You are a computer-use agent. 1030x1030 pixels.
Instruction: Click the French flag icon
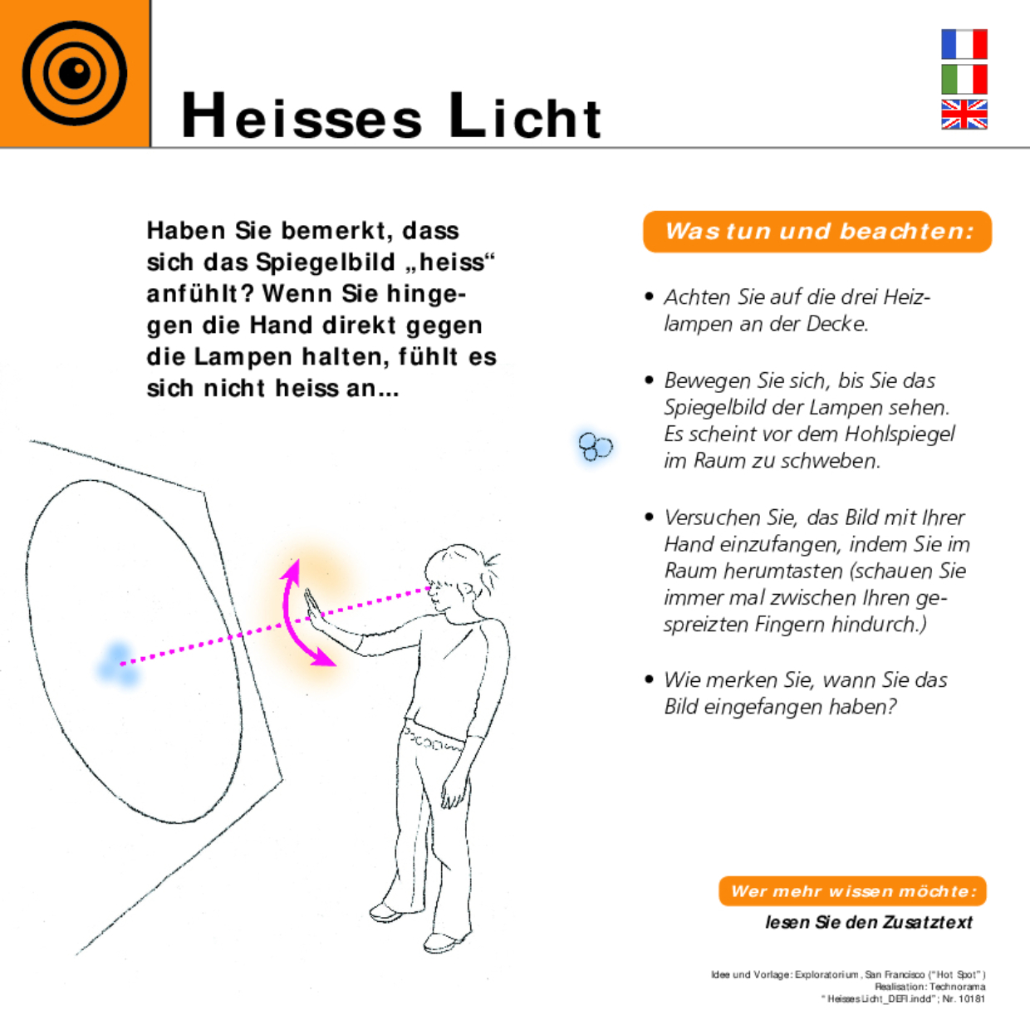[x=964, y=44]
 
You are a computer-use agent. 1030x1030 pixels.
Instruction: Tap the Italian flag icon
[x=964, y=79]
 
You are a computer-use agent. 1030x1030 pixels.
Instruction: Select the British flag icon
[x=964, y=115]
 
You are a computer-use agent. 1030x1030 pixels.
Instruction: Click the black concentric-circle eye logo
[x=75, y=74]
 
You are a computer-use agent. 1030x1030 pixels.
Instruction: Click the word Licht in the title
[x=525, y=116]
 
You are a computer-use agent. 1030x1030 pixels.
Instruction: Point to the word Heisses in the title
[x=302, y=116]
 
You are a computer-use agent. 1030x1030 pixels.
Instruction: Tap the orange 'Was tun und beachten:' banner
[x=817, y=232]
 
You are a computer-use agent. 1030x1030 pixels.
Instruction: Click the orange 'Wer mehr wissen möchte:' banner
[x=852, y=891]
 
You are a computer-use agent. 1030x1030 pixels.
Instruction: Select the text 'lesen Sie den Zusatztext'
[x=868, y=922]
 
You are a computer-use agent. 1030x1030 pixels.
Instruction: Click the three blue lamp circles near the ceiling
[x=595, y=447]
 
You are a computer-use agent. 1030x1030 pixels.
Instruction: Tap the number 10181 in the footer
[x=971, y=999]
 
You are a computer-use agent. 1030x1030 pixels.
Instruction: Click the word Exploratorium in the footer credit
[x=826, y=974]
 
